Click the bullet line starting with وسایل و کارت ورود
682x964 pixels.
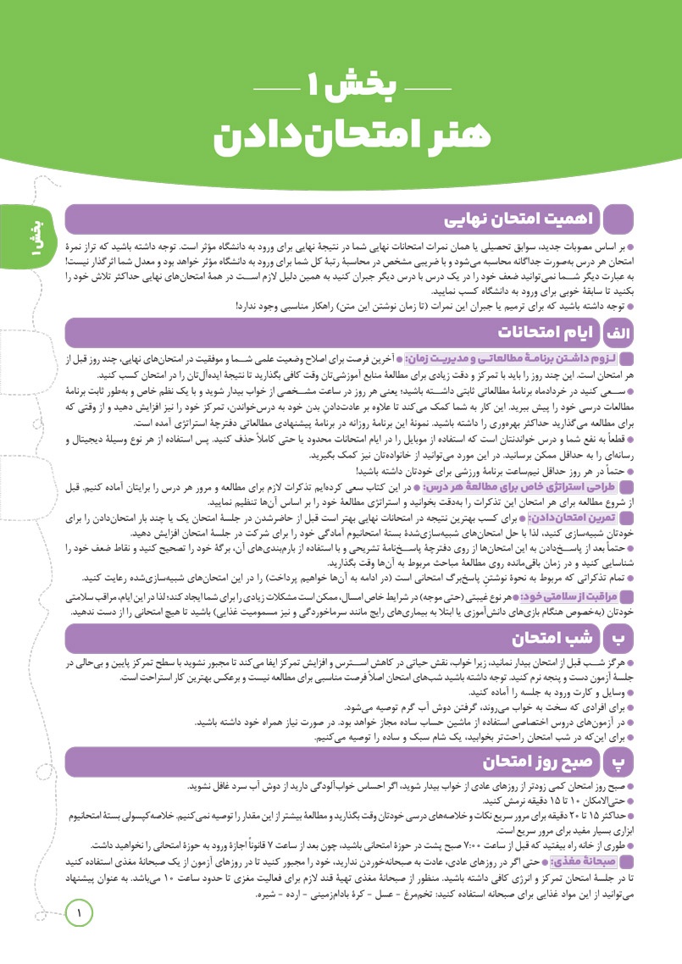[x=559, y=692]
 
